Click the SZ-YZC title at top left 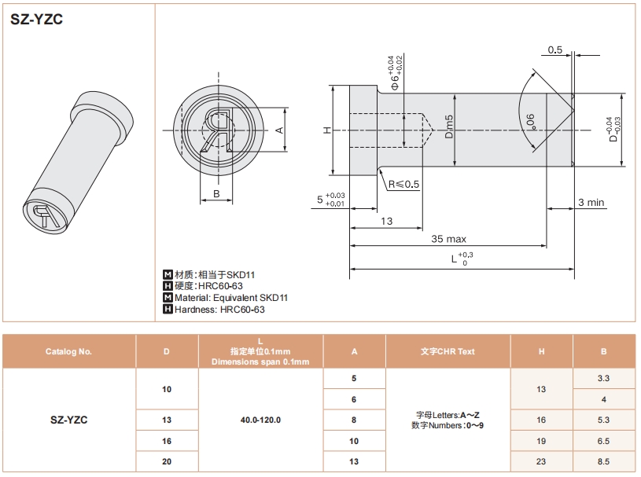click(x=36, y=19)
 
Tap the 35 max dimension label click(x=448, y=239)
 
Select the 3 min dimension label click(x=591, y=202)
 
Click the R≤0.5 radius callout click(x=404, y=184)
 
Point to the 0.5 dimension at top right click(x=554, y=50)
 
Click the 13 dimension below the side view click(x=386, y=221)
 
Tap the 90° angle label click(x=531, y=122)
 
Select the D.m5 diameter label click(x=449, y=127)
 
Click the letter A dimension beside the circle click(x=279, y=130)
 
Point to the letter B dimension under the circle click(x=216, y=193)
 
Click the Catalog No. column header click(x=68, y=351)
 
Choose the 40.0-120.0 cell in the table click(x=260, y=420)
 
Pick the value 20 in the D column click(x=167, y=461)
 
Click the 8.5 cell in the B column click(x=603, y=461)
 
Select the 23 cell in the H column click(x=541, y=461)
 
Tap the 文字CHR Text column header click(x=448, y=351)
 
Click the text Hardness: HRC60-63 click(x=219, y=310)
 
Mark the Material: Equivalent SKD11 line click(x=231, y=298)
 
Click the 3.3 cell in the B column click(x=603, y=378)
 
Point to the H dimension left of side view click(x=327, y=130)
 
